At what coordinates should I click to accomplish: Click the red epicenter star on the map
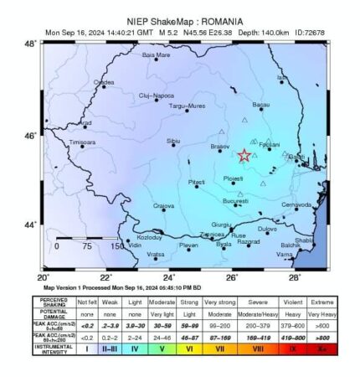244,156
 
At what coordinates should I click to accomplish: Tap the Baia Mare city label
157,55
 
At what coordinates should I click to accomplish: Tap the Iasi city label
280,77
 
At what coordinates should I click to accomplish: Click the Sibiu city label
174,141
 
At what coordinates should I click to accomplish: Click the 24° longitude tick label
169,276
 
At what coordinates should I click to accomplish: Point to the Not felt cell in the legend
87,299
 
